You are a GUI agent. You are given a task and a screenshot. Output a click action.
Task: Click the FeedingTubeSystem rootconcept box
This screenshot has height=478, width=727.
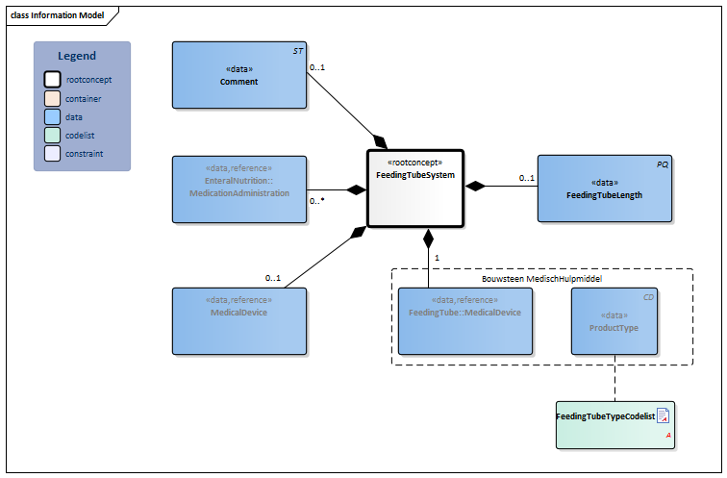click(x=415, y=188)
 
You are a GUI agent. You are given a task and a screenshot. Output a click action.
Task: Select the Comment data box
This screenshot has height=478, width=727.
click(x=238, y=75)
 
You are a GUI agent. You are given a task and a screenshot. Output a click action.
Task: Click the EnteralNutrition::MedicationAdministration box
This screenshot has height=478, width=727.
click(x=238, y=188)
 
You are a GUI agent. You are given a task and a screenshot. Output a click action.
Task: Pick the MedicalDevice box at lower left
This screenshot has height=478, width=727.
click(x=238, y=314)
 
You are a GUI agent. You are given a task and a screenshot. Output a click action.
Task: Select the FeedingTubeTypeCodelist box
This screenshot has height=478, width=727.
click(x=614, y=424)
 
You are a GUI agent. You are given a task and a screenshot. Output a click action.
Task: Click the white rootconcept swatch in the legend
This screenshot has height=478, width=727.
click(x=53, y=80)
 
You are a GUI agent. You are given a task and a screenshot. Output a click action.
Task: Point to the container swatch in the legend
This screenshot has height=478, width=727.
click(x=53, y=98)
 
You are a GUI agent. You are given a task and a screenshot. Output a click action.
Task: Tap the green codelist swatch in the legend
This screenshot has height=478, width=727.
click(x=53, y=135)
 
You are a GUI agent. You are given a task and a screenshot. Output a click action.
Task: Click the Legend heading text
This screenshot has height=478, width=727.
click(x=77, y=56)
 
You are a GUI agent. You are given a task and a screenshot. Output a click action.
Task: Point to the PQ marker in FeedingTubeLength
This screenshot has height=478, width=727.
click(x=662, y=164)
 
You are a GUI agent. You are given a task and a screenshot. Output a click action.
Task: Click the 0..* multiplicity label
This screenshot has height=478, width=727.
click(x=316, y=201)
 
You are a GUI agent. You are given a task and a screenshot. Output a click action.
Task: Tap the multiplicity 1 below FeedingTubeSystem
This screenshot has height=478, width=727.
click(x=437, y=258)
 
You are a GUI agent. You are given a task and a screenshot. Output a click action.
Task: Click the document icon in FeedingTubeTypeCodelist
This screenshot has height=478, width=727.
click(x=663, y=415)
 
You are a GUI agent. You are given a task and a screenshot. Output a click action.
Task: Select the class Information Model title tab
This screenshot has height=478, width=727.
click(x=58, y=15)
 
